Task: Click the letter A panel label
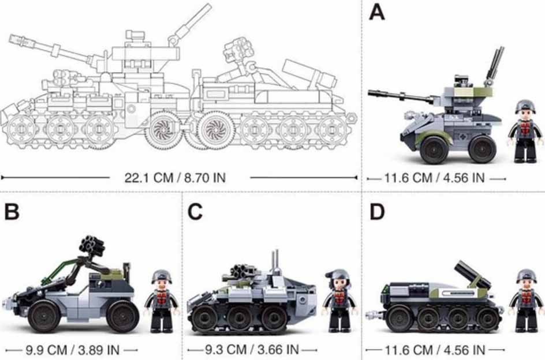377,12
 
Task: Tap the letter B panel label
12,211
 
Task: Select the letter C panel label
195,211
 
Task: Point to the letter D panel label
377,211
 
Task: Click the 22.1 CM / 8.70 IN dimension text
175,178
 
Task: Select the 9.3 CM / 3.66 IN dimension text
252,349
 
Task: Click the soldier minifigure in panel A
525,132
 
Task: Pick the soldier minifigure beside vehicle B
162,301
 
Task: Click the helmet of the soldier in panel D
526,275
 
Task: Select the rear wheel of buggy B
122,316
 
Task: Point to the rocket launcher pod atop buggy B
92,245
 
